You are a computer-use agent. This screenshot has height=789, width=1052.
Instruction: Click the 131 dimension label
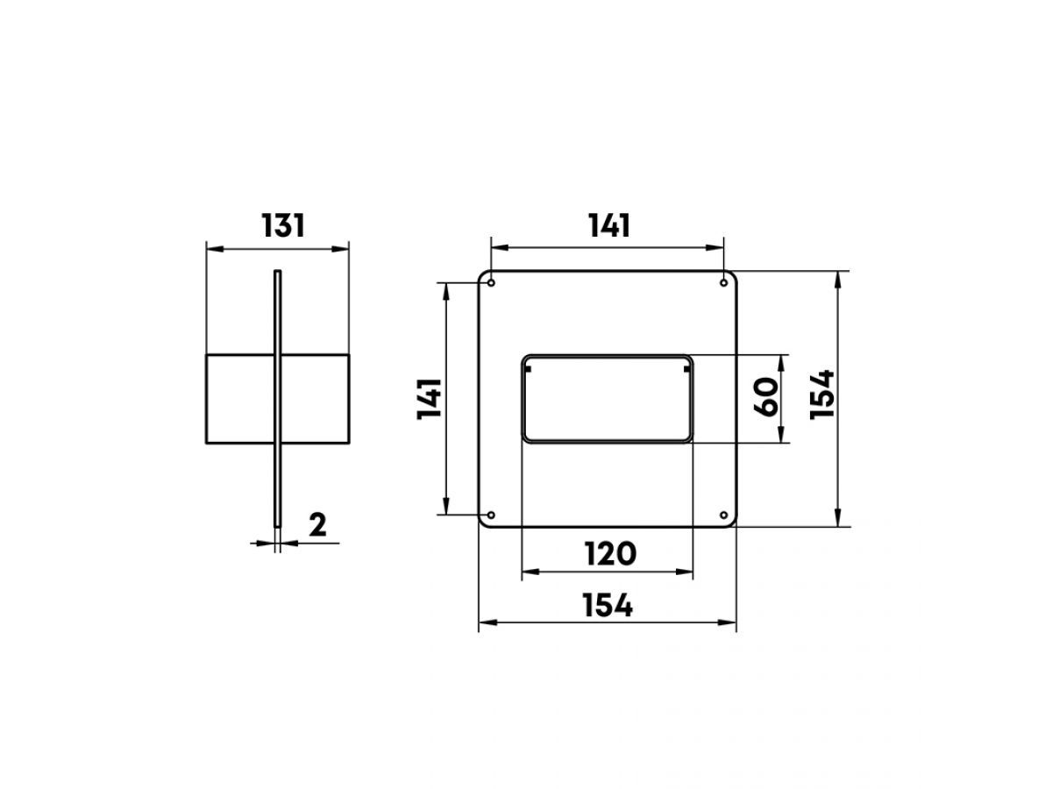click(283, 225)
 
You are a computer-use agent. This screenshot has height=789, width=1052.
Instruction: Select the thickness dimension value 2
click(317, 524)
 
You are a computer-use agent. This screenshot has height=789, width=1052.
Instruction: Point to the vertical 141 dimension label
click(430, 399)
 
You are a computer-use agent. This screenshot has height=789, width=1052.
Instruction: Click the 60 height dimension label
click(766, 397)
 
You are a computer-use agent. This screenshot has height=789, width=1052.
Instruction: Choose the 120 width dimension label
click(610, 554)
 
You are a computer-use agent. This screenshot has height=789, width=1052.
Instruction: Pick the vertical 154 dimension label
click(821, 395)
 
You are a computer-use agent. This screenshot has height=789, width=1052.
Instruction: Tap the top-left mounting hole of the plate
click(491, 283)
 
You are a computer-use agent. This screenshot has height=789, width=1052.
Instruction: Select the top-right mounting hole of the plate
click(724, 283)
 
